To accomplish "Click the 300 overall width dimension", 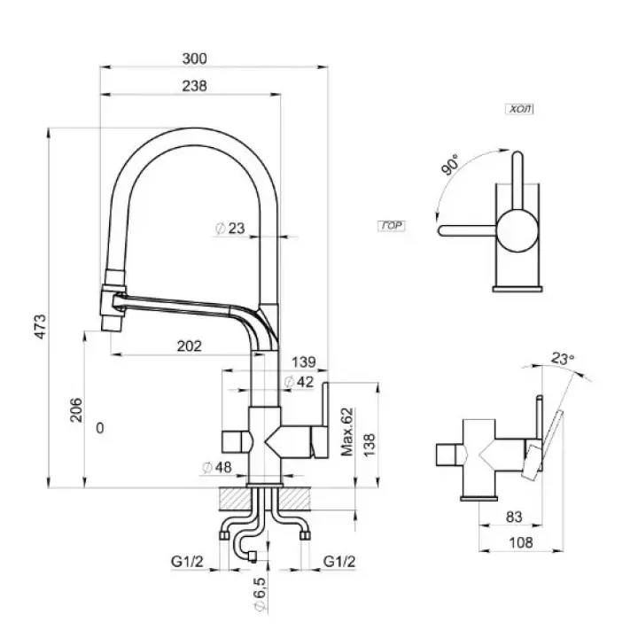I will (x=195, y=58).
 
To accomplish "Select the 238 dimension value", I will (x=195, y=86).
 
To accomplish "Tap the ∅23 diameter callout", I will (x=230, y=229).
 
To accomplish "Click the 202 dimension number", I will (x=190, y=345).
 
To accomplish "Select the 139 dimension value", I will (x=303, y=362).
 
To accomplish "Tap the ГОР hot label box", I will (x=391, y=227).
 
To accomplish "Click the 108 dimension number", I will (x=512, y=544).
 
